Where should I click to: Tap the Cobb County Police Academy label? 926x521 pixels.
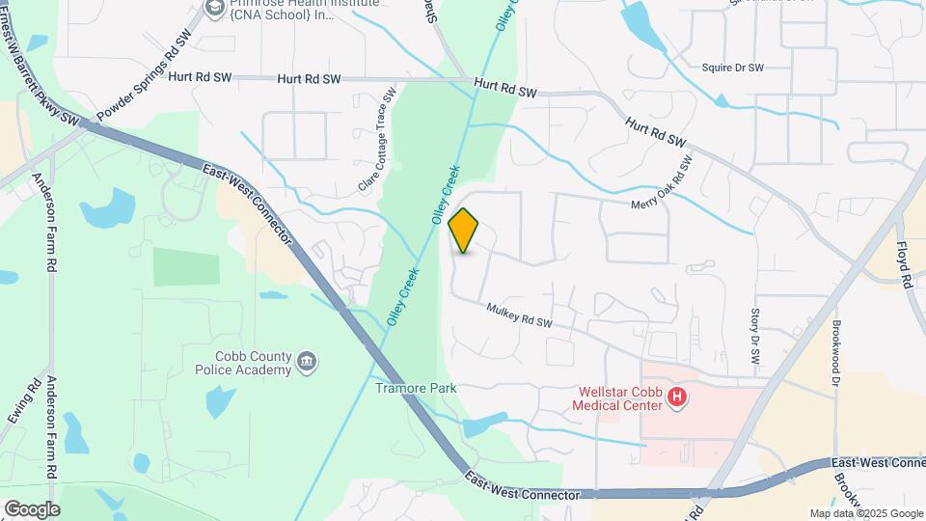pos(241,363)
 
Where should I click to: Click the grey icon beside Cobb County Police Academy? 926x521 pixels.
pos(307,362)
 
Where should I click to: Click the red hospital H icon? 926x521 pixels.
pos(677,397)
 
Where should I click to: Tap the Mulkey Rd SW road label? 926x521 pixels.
pos(519,315)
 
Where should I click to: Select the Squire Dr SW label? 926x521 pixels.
pos(733,68)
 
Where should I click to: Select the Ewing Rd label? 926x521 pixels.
pos(23,400)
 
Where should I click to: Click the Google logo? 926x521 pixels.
pos(31,508)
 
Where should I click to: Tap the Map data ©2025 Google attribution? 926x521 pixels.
pos(865,513)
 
